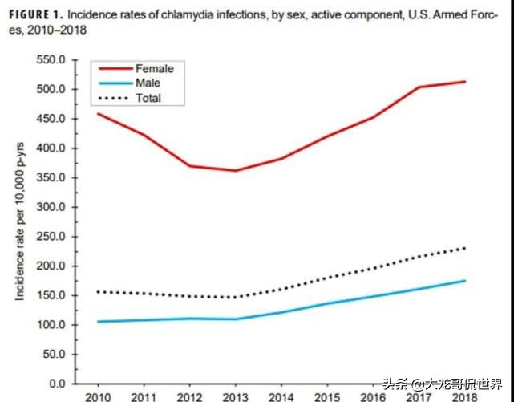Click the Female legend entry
(x=155, y=69)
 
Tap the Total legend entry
(x=149, y=98)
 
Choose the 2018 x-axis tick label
(x=465, y=396)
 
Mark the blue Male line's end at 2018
(x=465, y=280)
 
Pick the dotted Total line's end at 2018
(x=465, y=248)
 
